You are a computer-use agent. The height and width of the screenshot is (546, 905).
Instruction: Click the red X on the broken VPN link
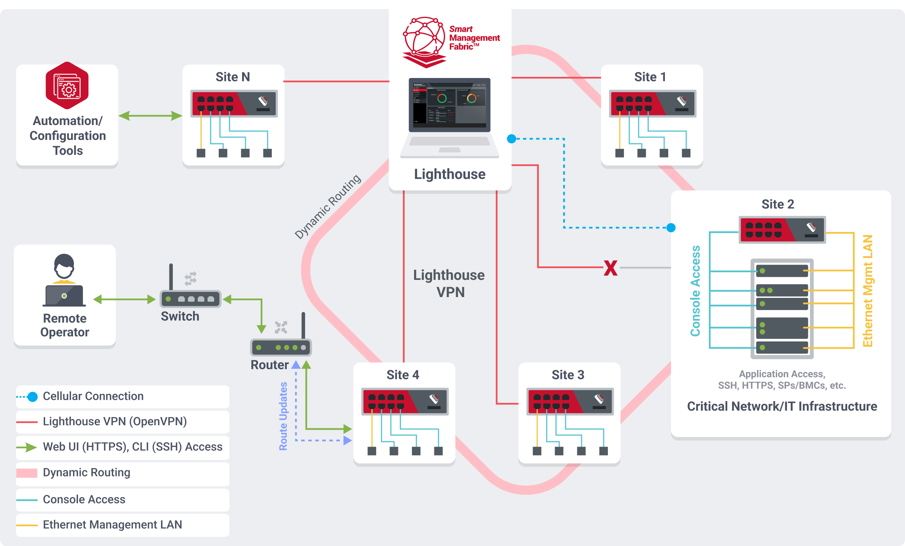click(x=611, y=268)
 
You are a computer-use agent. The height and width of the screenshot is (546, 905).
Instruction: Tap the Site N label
click(x=232, y=77)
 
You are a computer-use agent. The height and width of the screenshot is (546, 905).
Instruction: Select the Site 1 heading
click(x=650, y=77)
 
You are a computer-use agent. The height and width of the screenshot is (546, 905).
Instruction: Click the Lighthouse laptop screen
click(x=449, y=104)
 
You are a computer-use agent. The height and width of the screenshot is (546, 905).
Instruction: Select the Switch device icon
click(x=190, y=299)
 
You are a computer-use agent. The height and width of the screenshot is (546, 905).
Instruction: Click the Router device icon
click(x=281, y=347)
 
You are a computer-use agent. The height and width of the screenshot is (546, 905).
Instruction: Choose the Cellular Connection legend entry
click(x=93, y=396)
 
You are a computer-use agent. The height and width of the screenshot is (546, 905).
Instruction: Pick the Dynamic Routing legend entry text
click(x=86, y=473)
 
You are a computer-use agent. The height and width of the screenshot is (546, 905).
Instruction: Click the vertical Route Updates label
click(x=283, y=416)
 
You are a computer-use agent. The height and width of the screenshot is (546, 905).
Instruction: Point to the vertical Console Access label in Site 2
click(x=695, y=291)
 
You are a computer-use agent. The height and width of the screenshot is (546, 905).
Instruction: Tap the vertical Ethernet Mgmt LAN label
click(x=868, y=291)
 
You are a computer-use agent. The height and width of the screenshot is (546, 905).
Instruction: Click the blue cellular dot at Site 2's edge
click(x=671, y=228)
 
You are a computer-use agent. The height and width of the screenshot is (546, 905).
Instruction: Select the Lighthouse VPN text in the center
click(x=449, y=283)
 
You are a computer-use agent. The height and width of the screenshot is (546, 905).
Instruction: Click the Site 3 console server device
click(x=570, y=401)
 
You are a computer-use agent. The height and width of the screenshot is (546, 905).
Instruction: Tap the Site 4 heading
click(x=403, y=375)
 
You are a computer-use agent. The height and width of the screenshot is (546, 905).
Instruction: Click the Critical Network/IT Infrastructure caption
click(x=782, y=406)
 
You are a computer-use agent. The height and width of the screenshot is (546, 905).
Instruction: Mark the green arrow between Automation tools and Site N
click(x=150, y=115)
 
